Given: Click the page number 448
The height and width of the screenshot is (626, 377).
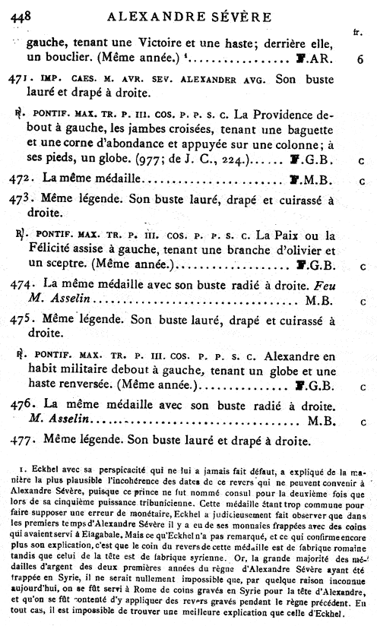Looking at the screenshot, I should click(17, 11).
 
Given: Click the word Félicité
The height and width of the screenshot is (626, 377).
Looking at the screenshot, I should click(49, 248).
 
